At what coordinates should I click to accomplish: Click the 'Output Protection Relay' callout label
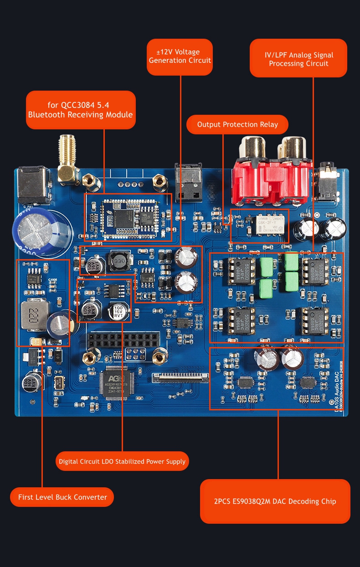(x=237, y=124)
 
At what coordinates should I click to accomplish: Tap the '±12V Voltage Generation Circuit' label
(x=180, y=56)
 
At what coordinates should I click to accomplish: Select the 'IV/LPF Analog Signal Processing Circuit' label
(x=298, y=59)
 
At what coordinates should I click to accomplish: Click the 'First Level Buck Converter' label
(x=62, y=497)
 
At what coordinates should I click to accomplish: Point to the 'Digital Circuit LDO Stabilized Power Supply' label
(x=122, y=461)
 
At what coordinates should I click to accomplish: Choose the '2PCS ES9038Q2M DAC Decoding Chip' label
(x=275, y=501)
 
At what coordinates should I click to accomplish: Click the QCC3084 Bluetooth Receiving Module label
(x=81, y=110)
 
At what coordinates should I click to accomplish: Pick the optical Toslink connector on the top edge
(x=189, y=182)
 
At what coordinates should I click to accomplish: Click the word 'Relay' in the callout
(x=269, y=124)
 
